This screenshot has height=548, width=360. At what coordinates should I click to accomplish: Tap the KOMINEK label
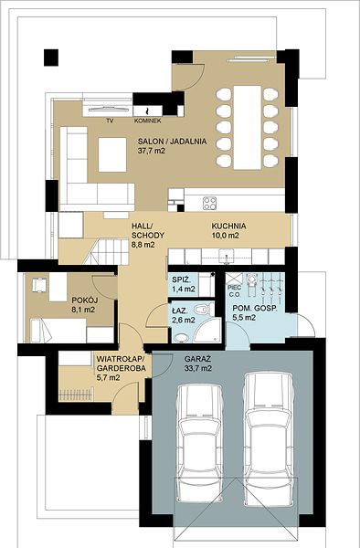coord(147,121)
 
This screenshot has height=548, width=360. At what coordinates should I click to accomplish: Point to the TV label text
coord(110,121)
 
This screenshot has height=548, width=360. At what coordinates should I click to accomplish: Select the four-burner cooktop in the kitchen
coord(210,204)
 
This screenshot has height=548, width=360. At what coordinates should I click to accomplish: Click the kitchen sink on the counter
coord(227,256)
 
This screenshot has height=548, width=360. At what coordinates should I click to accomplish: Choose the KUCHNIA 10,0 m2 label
coord(228,231)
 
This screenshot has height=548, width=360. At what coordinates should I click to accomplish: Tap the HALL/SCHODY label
coord(147,235)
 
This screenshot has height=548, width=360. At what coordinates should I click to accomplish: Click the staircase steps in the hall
coord(108,252)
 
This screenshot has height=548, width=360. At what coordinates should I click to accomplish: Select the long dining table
coord(248,128)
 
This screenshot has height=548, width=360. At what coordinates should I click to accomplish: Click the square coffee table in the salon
coord(112,155)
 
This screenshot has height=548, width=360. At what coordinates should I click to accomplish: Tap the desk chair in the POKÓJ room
coord(39,285)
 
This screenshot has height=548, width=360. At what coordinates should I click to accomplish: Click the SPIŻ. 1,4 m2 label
coord(184,284)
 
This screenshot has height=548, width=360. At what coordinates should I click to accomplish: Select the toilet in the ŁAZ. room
coord(203,309)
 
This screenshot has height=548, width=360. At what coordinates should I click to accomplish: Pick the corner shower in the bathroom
coord(207,330)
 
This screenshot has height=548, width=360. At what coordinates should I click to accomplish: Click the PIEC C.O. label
coord(232,290)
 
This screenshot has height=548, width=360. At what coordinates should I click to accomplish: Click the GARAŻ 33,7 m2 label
coord(198,364)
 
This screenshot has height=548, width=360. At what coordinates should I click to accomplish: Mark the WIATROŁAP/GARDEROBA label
coord(121,368)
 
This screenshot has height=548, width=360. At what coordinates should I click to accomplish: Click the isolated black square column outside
coord(51,58)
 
